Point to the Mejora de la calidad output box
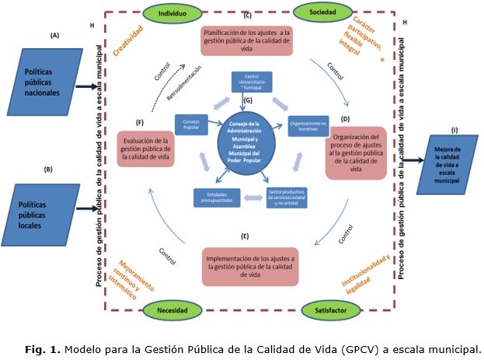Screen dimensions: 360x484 448,164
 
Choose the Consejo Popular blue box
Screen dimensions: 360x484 191,124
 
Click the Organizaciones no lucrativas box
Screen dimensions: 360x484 308,124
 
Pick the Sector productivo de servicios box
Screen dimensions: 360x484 287,197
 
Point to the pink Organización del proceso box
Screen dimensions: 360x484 356,152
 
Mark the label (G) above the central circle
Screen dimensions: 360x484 248,100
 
